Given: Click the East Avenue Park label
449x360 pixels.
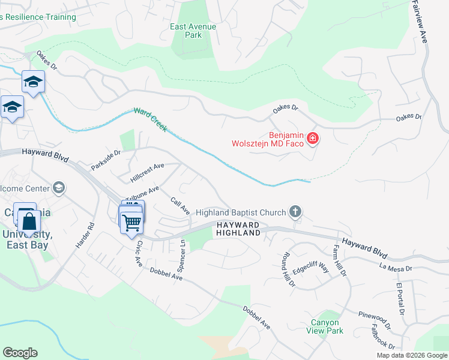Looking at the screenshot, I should [x=193, y=31].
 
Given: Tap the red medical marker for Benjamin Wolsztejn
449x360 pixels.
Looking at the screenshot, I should [x=312, y=139].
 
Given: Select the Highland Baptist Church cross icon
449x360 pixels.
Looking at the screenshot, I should [x=294, y=211].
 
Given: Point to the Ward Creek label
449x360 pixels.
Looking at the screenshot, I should [x=150, y=119].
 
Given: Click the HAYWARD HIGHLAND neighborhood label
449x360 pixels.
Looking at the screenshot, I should [x=238, y=229].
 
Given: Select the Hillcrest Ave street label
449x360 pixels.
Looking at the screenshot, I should [x=147, y=173].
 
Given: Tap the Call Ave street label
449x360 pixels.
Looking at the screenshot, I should [x=180, y=206].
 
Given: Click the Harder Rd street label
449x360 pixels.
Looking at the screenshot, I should [x=92, y=236].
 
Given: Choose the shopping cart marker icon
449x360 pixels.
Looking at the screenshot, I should [x=131, y=223].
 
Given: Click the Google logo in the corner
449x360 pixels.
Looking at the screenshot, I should [x=20, y=353].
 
